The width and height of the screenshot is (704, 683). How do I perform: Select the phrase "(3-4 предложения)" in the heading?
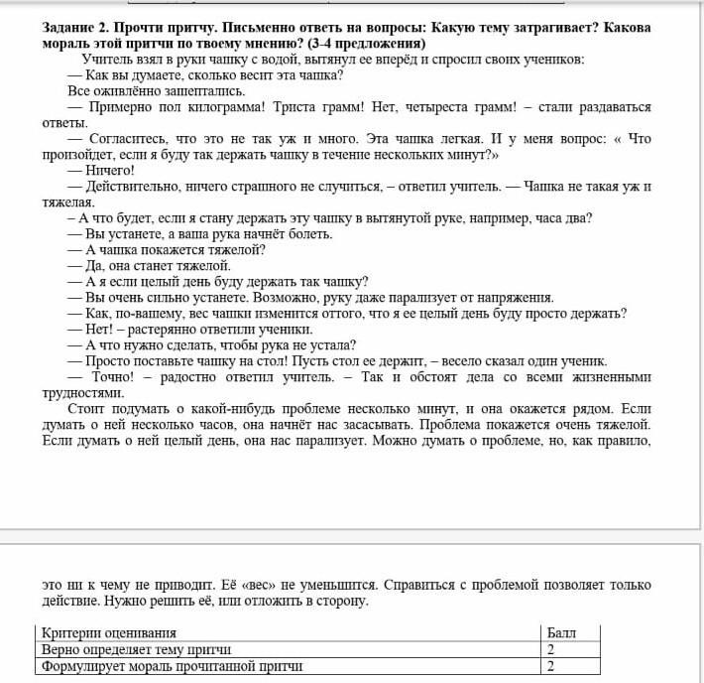pyautogui.click(x=367, y=44)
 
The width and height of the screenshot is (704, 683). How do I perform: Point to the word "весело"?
pyautogui.click(x=469, y=360)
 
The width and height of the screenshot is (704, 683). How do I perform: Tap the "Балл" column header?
pyautogui.click(x=560, y=632)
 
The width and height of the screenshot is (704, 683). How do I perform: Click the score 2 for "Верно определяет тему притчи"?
pyautogui.click(x=550, y=649)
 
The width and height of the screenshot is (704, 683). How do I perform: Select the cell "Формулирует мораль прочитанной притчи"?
pyautogui.click(x=171, y=666)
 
